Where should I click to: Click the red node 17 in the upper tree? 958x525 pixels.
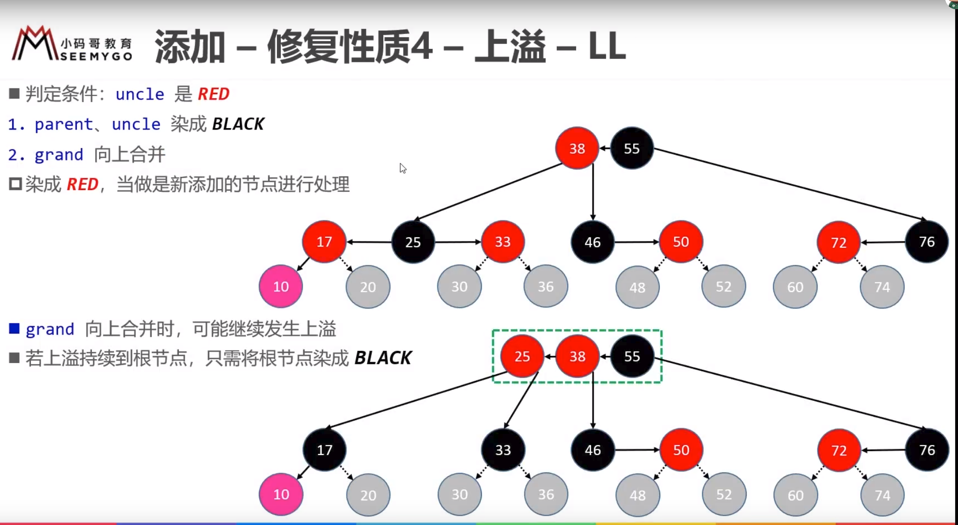(x=324, y=242)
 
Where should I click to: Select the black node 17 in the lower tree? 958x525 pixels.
(x=324, y=450)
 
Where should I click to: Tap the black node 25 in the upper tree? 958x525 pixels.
(x=413, y=242)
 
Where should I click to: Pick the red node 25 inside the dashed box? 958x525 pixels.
(x=522, y=356)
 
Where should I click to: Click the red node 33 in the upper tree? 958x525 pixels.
(x=503, y=242)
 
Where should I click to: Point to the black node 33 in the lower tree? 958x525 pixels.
(x=503, y=450)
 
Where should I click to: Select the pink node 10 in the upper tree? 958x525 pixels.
(x=281, y=287)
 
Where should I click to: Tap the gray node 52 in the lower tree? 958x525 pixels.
(x=724, y=495)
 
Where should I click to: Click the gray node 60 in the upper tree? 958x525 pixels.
(x=795, y=287)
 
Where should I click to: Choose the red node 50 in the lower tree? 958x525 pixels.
(x=681, y=450)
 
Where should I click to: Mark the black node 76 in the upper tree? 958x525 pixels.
(x=927, y=242)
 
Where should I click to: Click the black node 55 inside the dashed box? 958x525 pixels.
(x=632, y=356)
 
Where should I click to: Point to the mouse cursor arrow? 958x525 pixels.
(x=402, y=168)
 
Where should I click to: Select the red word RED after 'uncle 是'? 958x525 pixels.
(x=214, y=94)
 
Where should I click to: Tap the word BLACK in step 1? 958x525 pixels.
(x=238, y=124)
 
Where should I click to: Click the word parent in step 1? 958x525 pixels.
(x=63, y=124)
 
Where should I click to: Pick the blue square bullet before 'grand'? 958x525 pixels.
(x=15, y=329)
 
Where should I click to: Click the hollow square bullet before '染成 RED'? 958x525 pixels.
(x=15, y=184)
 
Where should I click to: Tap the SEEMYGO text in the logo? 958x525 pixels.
(x=96, y=57)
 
